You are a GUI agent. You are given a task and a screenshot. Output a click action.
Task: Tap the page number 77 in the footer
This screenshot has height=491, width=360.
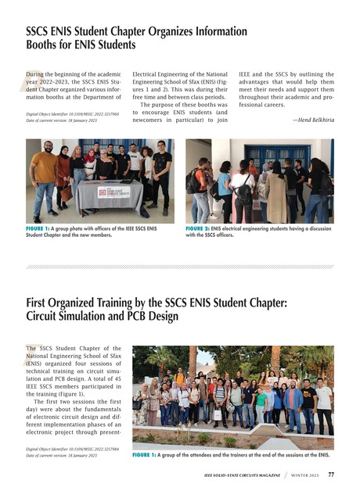(x=331, y=474)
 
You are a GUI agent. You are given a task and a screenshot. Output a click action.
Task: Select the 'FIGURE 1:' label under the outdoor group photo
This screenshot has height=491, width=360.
(x=148, y=453)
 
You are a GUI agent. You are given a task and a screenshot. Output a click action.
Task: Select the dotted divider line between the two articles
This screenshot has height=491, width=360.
(x=180, y=267)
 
